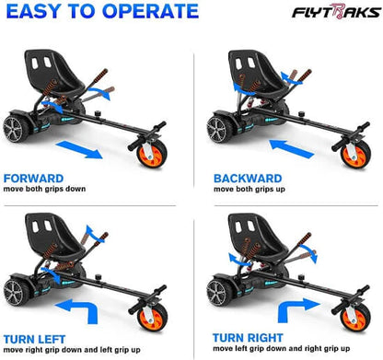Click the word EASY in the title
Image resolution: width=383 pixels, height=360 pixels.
(x=40, y=13)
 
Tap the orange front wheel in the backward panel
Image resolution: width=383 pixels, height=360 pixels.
(x=354, y=152)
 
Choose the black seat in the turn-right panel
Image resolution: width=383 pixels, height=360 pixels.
(x=248, y=236)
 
